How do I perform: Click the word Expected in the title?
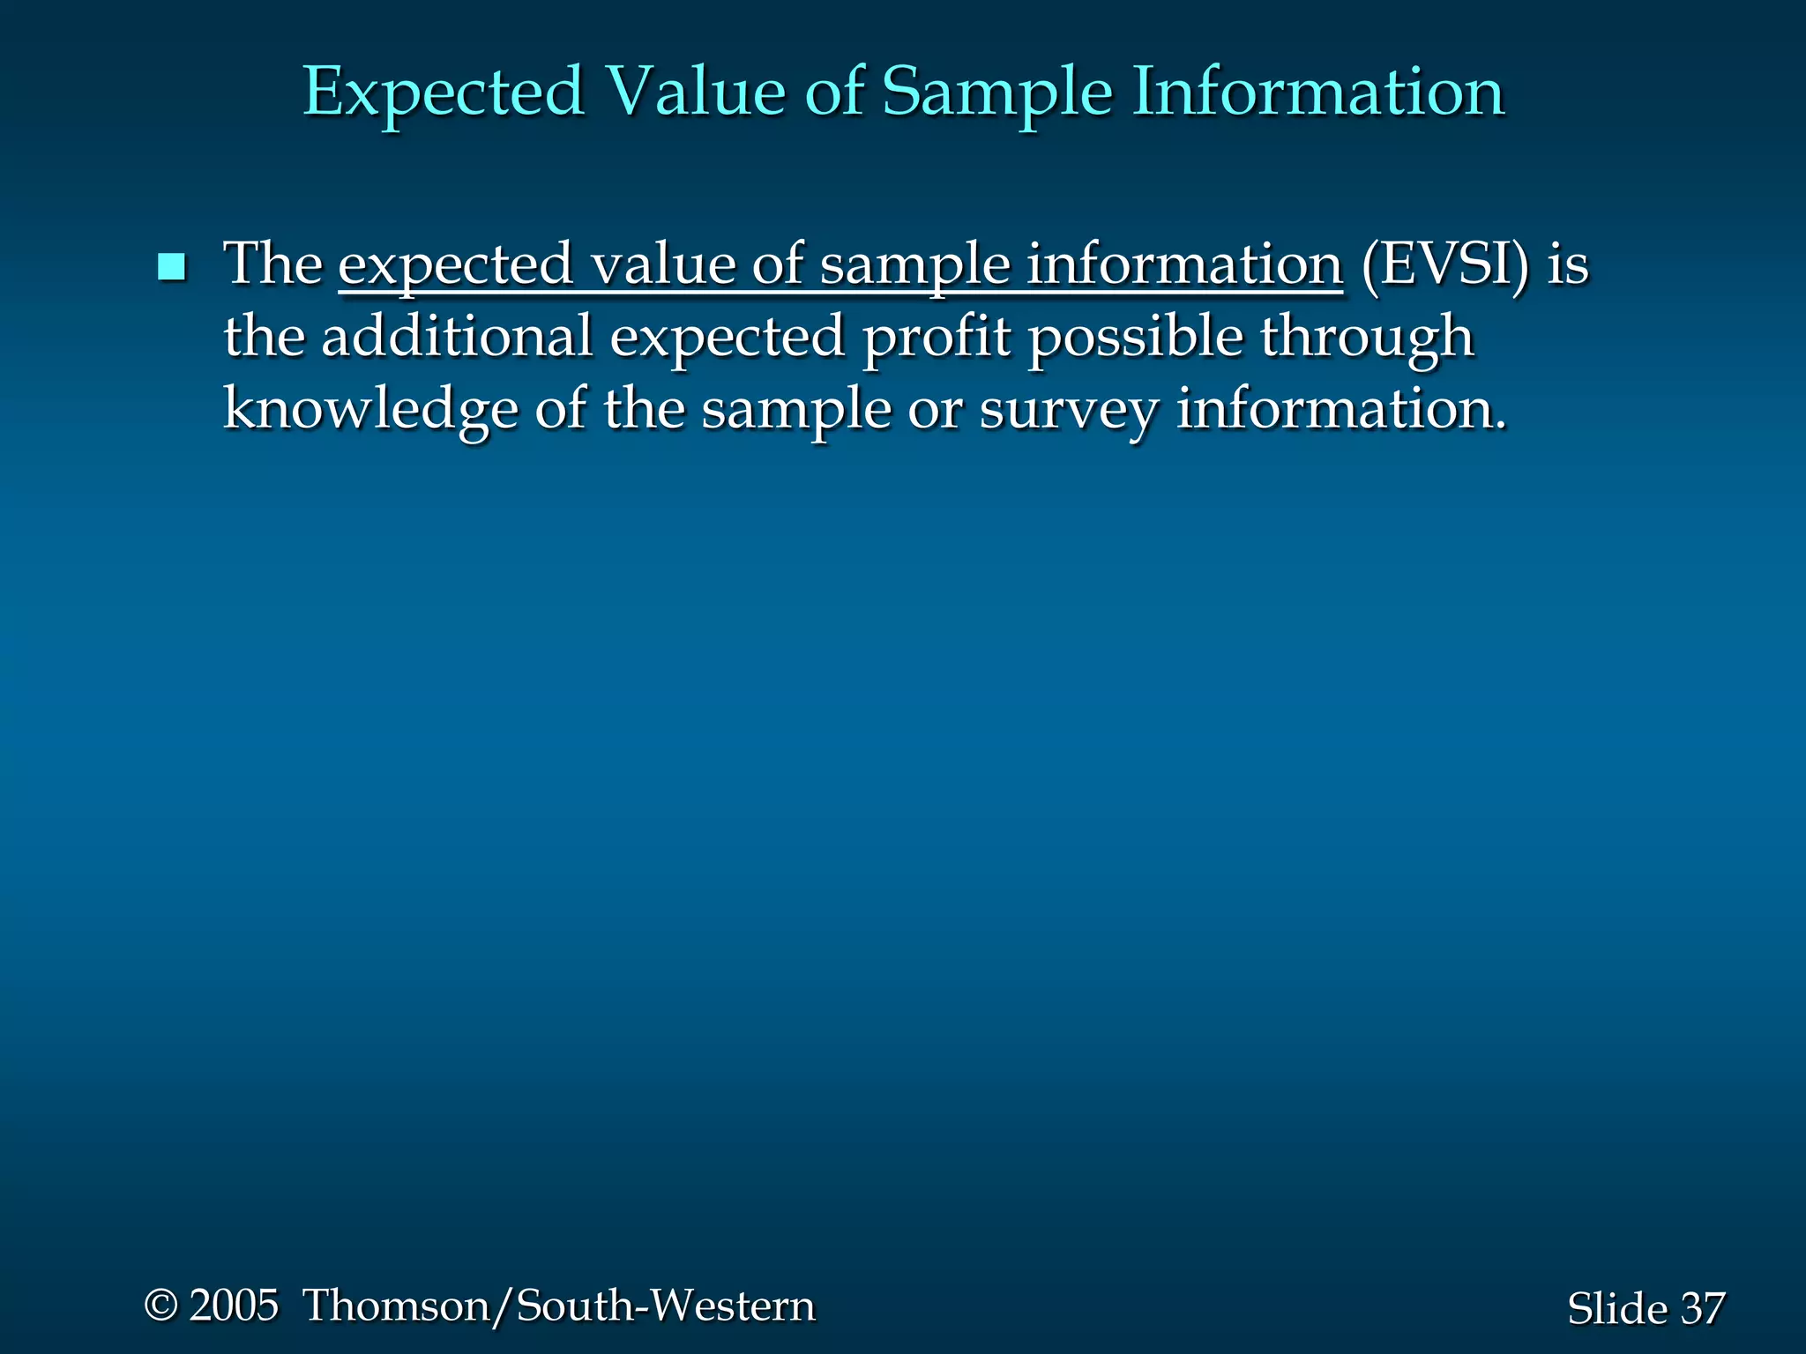click(444, 93)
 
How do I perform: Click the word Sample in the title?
click(996, 93)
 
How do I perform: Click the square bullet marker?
click(171, 266)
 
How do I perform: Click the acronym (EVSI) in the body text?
click(1444, 264)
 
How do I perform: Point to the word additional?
click(457, 337)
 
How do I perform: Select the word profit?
click(936, 338)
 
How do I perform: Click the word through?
click(1367, 338)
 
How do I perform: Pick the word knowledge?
click(370, 411)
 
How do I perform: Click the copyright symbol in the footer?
click(161, 1305)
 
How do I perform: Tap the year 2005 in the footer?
click(234, 1305)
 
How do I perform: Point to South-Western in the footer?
click(666, 1305)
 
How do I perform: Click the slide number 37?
click(1702, 1308)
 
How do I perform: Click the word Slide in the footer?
click(1616, 1308)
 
